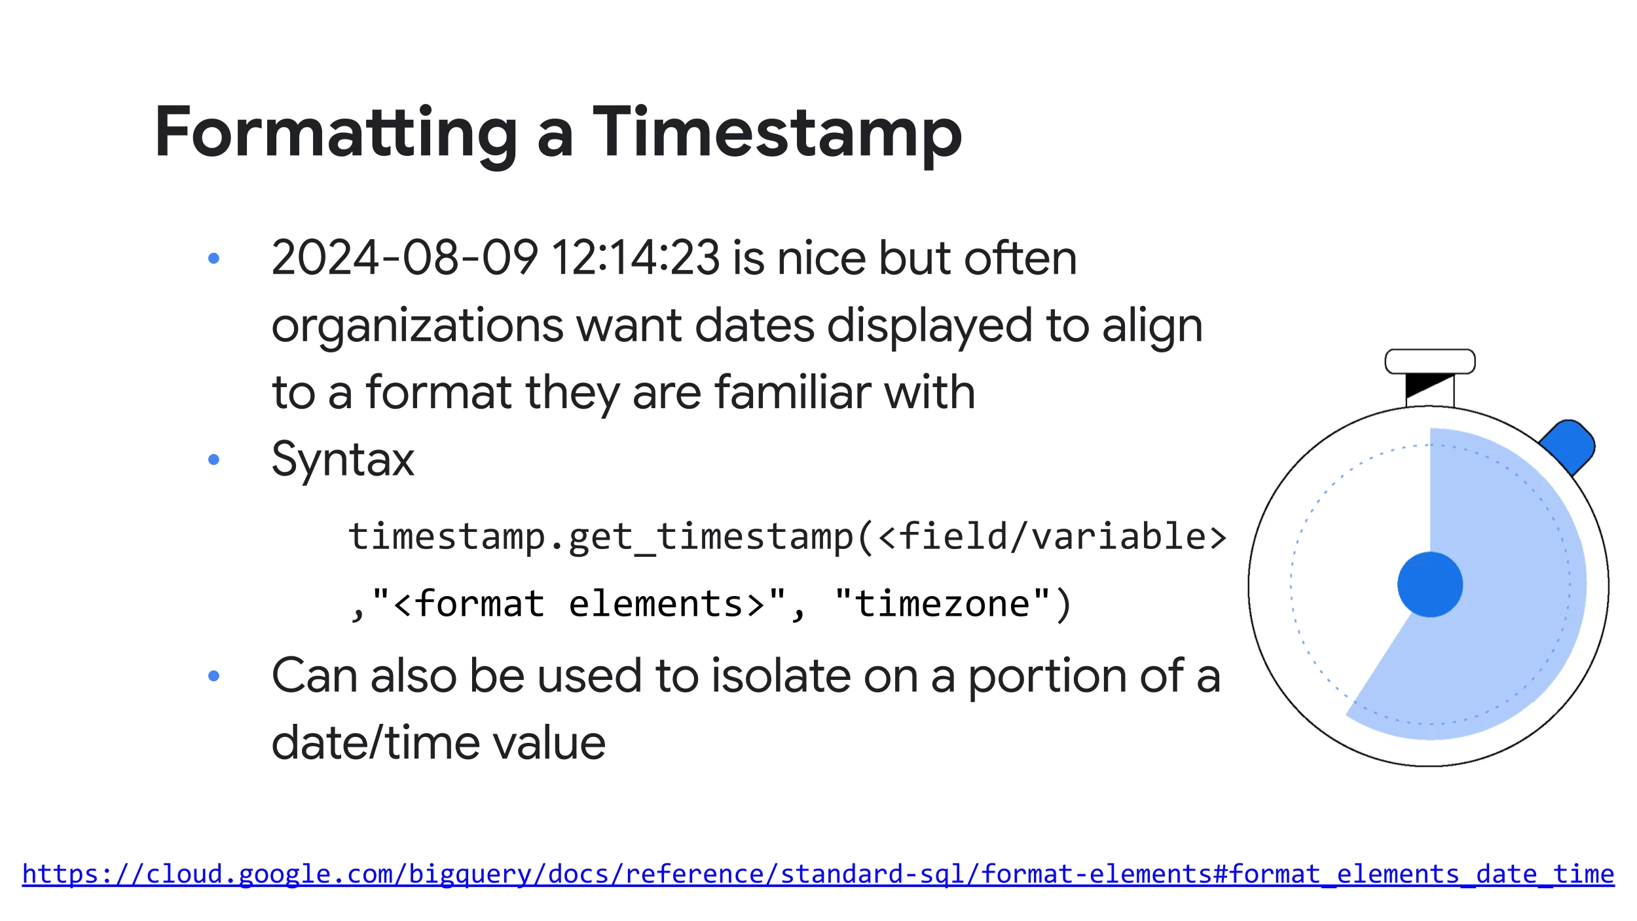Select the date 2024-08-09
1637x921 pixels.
point(405,257)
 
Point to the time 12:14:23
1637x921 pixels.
point(636,257)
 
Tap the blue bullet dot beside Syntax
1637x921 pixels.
point(213,460)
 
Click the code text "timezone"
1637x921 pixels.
point(942,603)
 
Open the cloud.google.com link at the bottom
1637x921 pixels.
point(818,874)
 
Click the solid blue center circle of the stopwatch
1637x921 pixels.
point(1430,584)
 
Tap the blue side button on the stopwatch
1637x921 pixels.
point(1567,447)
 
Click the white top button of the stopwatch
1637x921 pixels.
point(1430,362)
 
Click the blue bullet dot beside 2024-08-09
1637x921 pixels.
point(213,258)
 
